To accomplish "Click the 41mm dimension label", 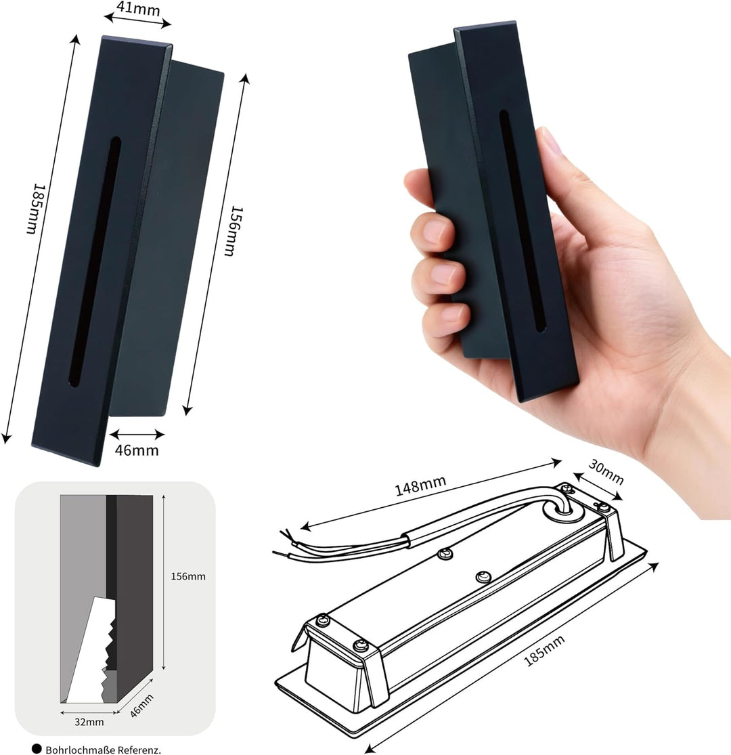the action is coord(138,9).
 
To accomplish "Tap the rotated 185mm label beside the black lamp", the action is coord(35,209).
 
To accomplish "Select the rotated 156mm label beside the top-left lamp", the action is coord(236,231).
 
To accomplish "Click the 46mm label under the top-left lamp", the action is coord(137,450).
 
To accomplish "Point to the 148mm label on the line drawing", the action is coord(420,486).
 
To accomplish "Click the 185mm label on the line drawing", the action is coord(544,651).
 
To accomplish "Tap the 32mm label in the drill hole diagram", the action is coord(89,722).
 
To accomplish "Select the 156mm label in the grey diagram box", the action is coord(188,576).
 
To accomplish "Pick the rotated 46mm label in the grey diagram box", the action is coord(142,706).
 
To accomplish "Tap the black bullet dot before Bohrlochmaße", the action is coord(37,749).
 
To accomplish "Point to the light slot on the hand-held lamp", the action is coord(522,221).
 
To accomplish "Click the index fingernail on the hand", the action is coord(435,232).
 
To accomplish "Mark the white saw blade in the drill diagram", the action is coord(89,649).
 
